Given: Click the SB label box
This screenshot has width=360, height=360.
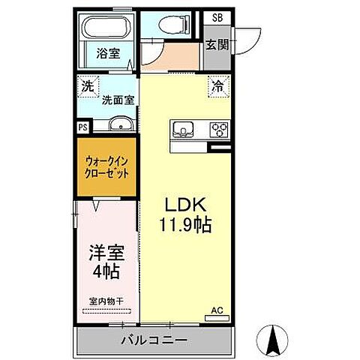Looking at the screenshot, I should [217, 17].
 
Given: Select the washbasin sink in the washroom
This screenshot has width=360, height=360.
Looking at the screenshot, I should [119, 125].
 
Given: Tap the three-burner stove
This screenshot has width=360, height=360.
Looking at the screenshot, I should [218, 129].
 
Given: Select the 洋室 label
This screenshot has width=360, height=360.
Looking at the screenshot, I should [105, 252].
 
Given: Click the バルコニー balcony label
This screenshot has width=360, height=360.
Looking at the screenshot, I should [154, 340].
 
